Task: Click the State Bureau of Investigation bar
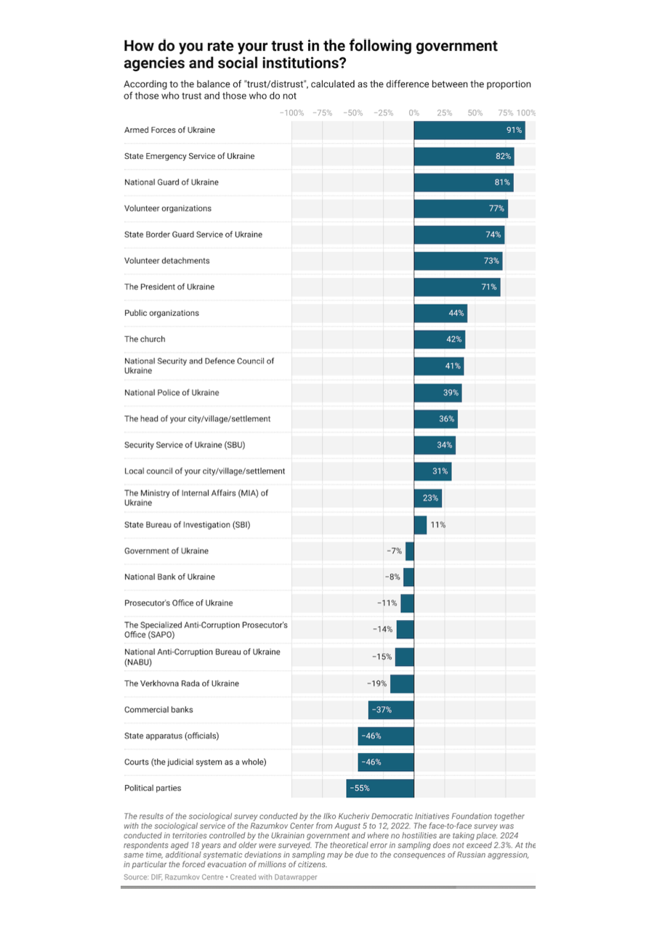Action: coord(420,525)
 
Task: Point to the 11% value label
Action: coord(438,525)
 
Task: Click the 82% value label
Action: coord(504,156)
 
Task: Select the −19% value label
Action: coord(376,683)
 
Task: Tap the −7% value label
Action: coord(394,551)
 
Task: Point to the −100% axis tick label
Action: coord(291,113)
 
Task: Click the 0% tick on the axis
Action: coord(414,113)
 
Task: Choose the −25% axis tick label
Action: coord(383,113)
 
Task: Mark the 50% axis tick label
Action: coord(475,113)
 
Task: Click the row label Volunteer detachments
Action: coord(166,261)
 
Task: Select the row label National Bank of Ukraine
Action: coord(169,577)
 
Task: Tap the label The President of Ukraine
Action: coord(169,287)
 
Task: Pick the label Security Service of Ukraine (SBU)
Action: coord(190,445)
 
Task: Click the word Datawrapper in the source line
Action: coord(295,877)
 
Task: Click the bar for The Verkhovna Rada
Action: coord(402,683)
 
